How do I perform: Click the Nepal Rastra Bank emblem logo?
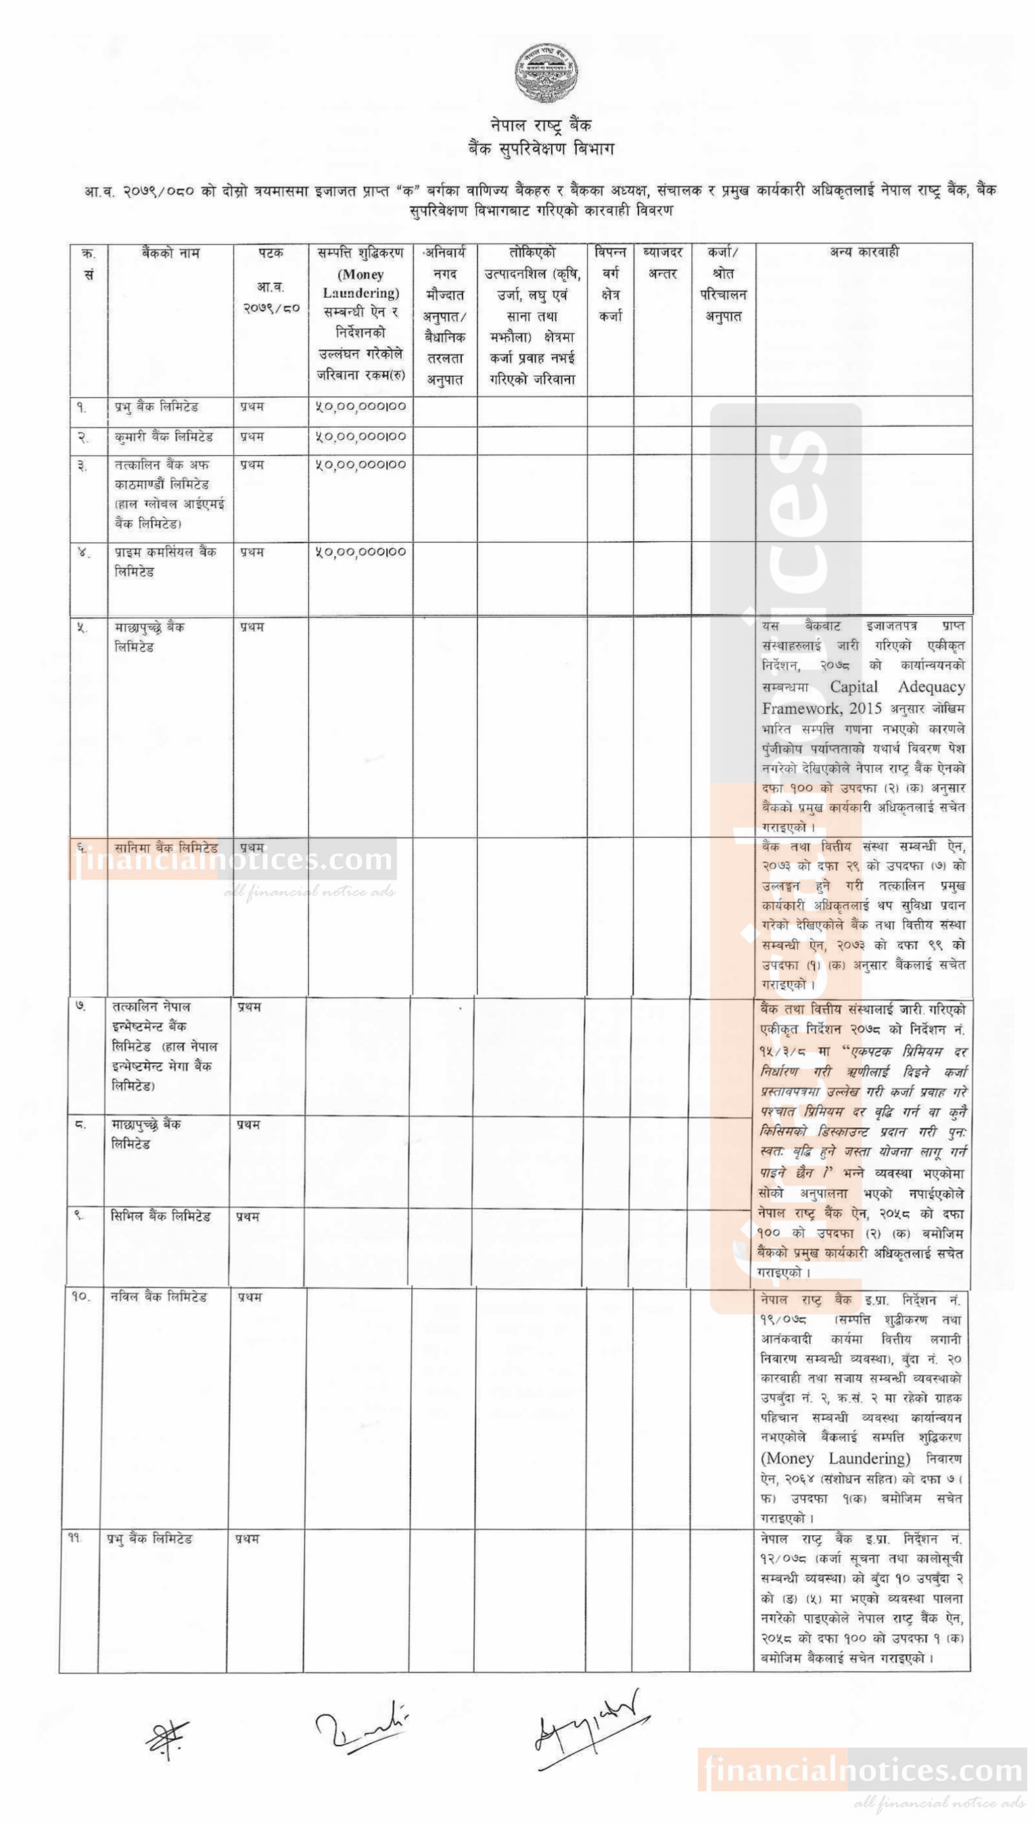pyautogui.click(x=546, y=73)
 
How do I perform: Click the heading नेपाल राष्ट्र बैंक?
pyautogui.click(x=540, y=126)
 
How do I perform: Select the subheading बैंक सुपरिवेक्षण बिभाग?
pyautogui.click(x=540, y=149)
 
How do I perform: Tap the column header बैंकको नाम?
pyautogui.click(x=170, y=254)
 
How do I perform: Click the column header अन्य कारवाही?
pyautogui.click(x=864, y=252)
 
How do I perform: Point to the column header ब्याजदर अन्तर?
pyautogui.click(x=663, y=263)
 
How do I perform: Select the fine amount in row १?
pyautogui.click(x=360, y=407)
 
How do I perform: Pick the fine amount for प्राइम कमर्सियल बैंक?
pyautogui.click(x=360, y=552)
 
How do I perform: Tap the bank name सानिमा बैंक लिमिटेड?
pyautogui.click(x=166, y=848)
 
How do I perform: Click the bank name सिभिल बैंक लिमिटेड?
pyautogui.click(x=160, y=1216)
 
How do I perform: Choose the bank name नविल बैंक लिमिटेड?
pyautogui.click(x=158, y=1297)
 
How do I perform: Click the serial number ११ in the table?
pyautogui.click(x=75, y=1539)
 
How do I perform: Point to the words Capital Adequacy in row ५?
pyautogui.click(x=897, y=687)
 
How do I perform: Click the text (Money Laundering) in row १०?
pyautogui.click(x=835, y=1459)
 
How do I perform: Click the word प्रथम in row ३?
pyautogui.click(x=252, y=465)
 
